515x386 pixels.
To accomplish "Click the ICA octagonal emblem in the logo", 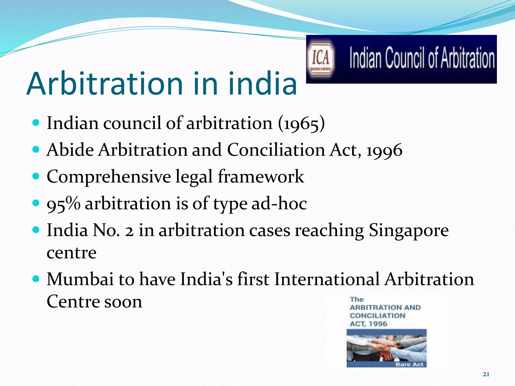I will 321,59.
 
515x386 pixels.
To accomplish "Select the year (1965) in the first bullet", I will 301,123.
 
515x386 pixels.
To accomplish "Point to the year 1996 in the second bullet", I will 384,150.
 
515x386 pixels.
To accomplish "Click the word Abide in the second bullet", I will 70,150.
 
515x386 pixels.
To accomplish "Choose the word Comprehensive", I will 109,177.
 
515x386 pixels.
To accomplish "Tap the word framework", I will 261,176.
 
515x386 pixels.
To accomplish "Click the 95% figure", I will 63,204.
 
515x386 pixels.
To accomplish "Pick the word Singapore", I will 409,230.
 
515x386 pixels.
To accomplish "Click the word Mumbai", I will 80,279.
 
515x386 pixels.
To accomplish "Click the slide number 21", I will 486,374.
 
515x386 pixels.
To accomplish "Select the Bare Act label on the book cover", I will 409,364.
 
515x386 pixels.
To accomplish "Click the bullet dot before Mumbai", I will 36,278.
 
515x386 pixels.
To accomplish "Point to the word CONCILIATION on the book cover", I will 377,316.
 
